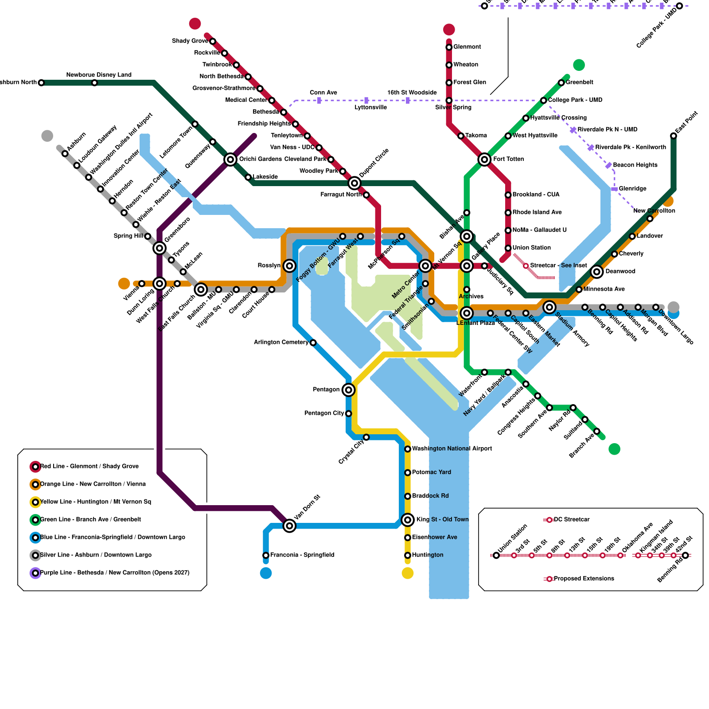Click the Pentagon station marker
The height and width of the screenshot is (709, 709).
pos(349,390)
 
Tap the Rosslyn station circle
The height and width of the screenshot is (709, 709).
pos(289,266)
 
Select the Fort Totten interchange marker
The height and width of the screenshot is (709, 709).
pos(484,160)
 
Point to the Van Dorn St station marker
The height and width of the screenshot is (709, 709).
pos(289,526)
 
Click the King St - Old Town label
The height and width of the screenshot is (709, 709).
pos(442,519)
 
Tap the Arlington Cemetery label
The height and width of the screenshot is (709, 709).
pos(281,343)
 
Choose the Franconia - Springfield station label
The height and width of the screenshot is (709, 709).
pos(302,555)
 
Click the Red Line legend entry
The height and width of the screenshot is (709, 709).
pos(89,467)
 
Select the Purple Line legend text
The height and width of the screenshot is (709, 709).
pos(114,573)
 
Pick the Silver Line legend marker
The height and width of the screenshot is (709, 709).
pos(35,555)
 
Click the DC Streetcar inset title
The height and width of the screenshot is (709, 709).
pos(572,520)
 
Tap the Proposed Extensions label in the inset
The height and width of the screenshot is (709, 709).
pos(584,579)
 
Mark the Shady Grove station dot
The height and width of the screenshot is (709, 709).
pos(213,42)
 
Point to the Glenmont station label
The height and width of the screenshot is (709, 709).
pos(467,47)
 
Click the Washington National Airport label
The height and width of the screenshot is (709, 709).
pos(452,449)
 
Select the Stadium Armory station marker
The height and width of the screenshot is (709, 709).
pos(549,307)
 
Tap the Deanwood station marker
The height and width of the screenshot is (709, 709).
pos(597,272)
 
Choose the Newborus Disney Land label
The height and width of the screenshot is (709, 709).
pos(99,75)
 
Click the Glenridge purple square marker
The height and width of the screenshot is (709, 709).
pos(614,189)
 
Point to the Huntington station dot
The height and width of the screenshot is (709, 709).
pos(408,555)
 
